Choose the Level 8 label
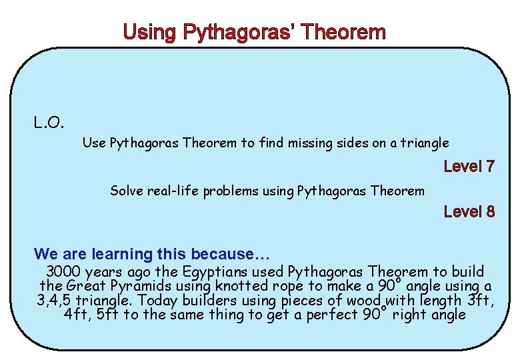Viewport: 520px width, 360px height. [x=469, y=212]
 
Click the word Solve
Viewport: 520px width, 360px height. [x=126, y=191]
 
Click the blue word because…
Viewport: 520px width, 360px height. [x=223, y=254]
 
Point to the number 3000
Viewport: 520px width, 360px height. [x=65, y=272]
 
